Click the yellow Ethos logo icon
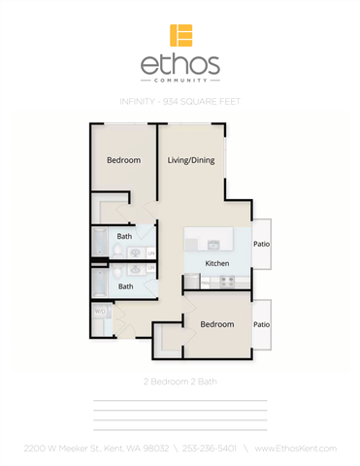coord(180,35)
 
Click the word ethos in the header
coord(180,66)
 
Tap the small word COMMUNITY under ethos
coord(180,81)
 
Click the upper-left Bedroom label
coord(123,160)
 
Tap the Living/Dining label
coord(190,160)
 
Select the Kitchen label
coord(216,263)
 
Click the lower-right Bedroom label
coord(216,323)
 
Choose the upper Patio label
coord(261,245)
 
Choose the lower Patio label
coord(261,323)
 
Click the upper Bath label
coord(125,236)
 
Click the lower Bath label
coord(125,286)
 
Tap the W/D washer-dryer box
coord(100,312)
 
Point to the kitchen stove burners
coord(226,282)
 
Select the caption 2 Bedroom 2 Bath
coord(180,382)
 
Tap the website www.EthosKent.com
coord(295,448)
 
